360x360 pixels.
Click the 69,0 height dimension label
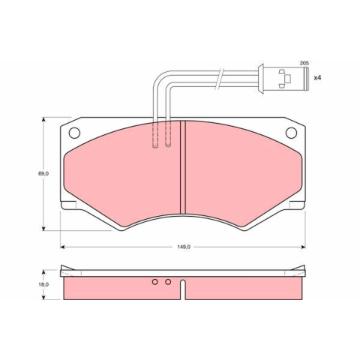(43, 173)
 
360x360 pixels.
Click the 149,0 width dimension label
(184, 247)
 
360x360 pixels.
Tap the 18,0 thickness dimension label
(43, 284)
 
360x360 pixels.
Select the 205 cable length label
(304, 63)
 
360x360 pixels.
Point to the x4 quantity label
(317, 78)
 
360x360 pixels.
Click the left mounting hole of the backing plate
(74, 133)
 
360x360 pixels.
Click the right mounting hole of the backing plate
(291, 133)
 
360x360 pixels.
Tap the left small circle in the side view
(155, 282)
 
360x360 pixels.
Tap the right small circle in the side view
(168, 282)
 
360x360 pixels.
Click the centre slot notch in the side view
(183, 289)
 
